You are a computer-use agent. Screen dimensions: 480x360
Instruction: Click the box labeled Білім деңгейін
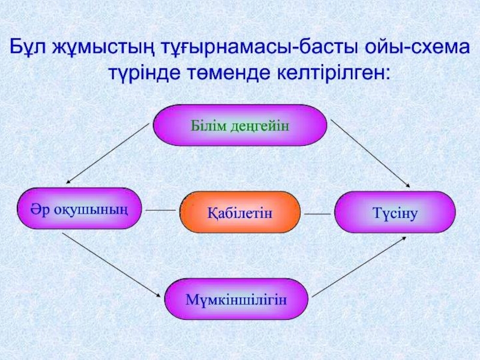[240, 126]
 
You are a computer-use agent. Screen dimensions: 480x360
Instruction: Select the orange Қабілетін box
[240, 212]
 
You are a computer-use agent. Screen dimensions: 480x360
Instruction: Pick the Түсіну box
[395, 212]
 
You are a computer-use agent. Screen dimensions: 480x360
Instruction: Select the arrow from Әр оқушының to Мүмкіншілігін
[112, 265]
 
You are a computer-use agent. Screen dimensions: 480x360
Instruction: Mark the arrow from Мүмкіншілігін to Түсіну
[359, 266]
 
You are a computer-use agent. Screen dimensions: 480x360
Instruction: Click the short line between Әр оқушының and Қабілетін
[160, 211]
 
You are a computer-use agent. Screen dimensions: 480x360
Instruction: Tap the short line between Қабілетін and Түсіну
[317, 214]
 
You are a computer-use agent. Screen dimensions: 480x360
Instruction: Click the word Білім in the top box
[207, 126]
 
